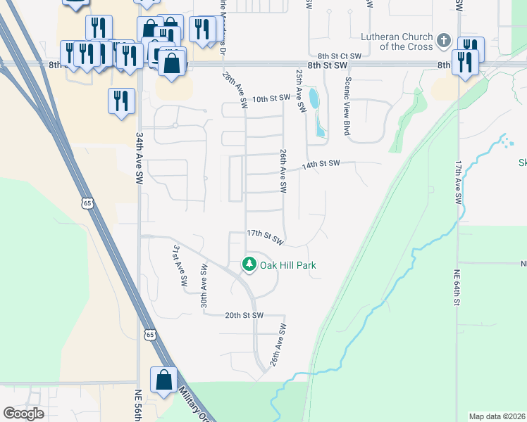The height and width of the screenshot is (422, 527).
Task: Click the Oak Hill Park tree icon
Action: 249,265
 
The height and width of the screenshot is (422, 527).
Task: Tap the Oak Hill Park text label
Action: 287,265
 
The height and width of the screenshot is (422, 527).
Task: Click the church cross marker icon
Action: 443,41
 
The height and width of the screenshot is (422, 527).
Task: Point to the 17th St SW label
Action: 265,236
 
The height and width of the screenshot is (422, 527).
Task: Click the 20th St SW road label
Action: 244,316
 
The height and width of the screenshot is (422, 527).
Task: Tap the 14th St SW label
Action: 321,165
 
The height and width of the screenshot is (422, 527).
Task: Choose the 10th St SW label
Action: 271,98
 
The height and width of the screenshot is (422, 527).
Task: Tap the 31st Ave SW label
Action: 180,266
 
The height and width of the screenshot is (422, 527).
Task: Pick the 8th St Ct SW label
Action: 339,55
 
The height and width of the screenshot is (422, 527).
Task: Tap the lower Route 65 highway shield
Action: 150,335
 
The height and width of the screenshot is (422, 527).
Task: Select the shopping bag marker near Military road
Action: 163,379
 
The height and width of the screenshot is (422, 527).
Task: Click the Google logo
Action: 24,413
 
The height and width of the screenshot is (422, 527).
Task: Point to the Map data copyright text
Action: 497,416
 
